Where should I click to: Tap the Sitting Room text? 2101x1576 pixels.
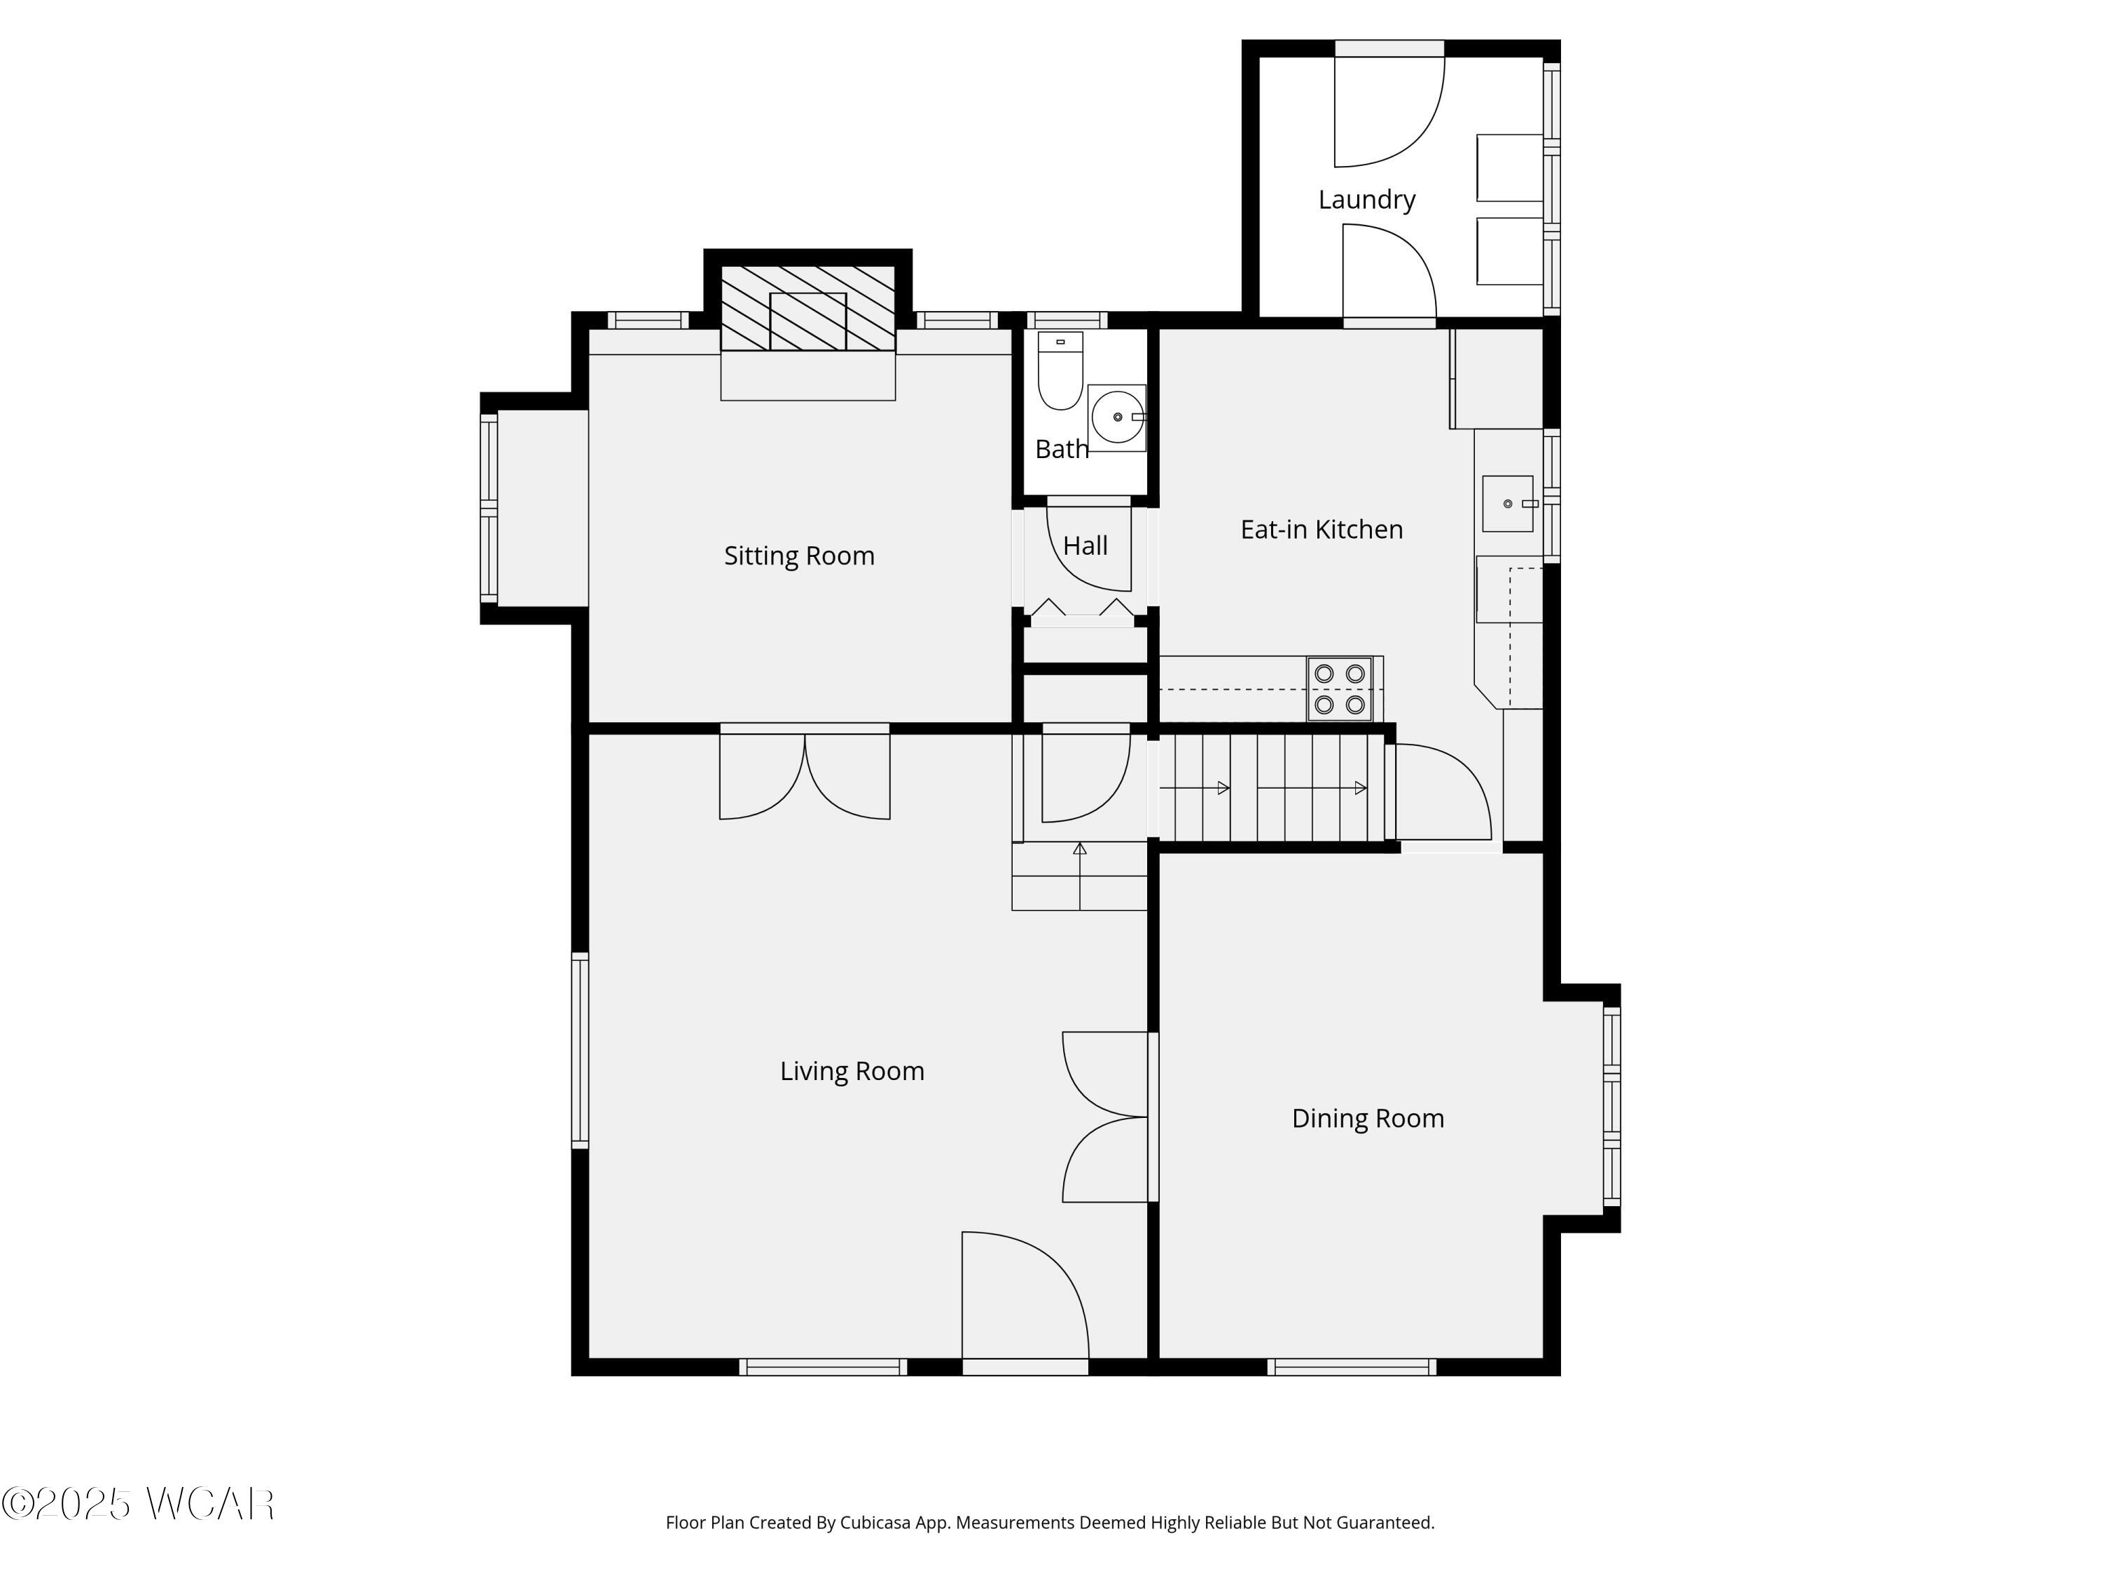[x=799, y=555]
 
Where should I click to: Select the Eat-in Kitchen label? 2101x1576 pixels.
[x=1322, y=529]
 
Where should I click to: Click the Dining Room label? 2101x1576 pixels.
[x=1367, y=1118]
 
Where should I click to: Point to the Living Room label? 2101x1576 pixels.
[x=852, y=1070]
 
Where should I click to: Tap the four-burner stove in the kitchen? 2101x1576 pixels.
[x=1339, y=689]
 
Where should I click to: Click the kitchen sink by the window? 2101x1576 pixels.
[x=1507, y=504]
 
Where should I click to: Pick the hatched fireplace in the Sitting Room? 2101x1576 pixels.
[x=807, y=309]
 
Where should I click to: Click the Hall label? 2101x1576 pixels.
[x=1085, y=546]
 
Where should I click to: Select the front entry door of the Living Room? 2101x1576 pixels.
[x=1024, y=1301]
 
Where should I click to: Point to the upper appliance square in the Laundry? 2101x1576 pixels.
[x=1509, y=167]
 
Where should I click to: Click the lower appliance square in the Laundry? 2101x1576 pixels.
[x=1509, y=251]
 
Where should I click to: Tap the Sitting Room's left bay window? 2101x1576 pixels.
[x=489, y=509]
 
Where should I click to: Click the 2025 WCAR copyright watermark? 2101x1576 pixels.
[x=139, y=1505]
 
